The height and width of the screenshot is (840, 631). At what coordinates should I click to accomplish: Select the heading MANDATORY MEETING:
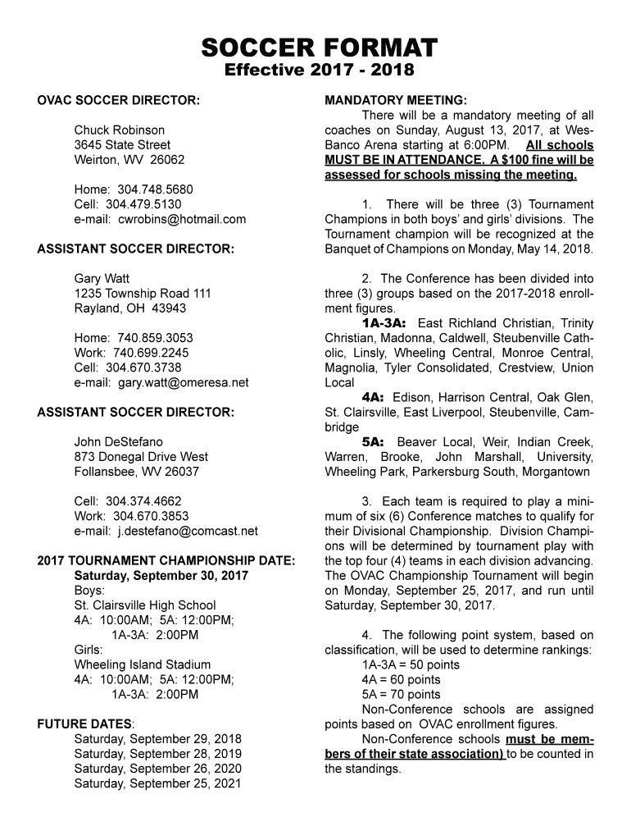point(396,101)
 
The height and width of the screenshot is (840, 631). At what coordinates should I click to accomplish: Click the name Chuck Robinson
point(120,130)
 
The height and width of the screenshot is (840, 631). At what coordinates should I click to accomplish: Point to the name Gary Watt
point(102,279)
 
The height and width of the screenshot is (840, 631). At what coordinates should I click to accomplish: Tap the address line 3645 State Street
point(123,145)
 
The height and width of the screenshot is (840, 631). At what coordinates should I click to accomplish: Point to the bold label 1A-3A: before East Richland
point(384,323)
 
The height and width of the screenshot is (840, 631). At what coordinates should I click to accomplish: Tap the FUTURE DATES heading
point(84,724)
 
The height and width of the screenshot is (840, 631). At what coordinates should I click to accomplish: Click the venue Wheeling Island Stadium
point(143,664)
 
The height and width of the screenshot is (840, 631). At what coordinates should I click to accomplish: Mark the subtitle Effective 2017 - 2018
point(319,71)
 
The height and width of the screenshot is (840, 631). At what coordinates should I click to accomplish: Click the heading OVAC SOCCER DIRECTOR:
point(118,101)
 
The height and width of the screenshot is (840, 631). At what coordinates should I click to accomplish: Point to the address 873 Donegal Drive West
point(141,457)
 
